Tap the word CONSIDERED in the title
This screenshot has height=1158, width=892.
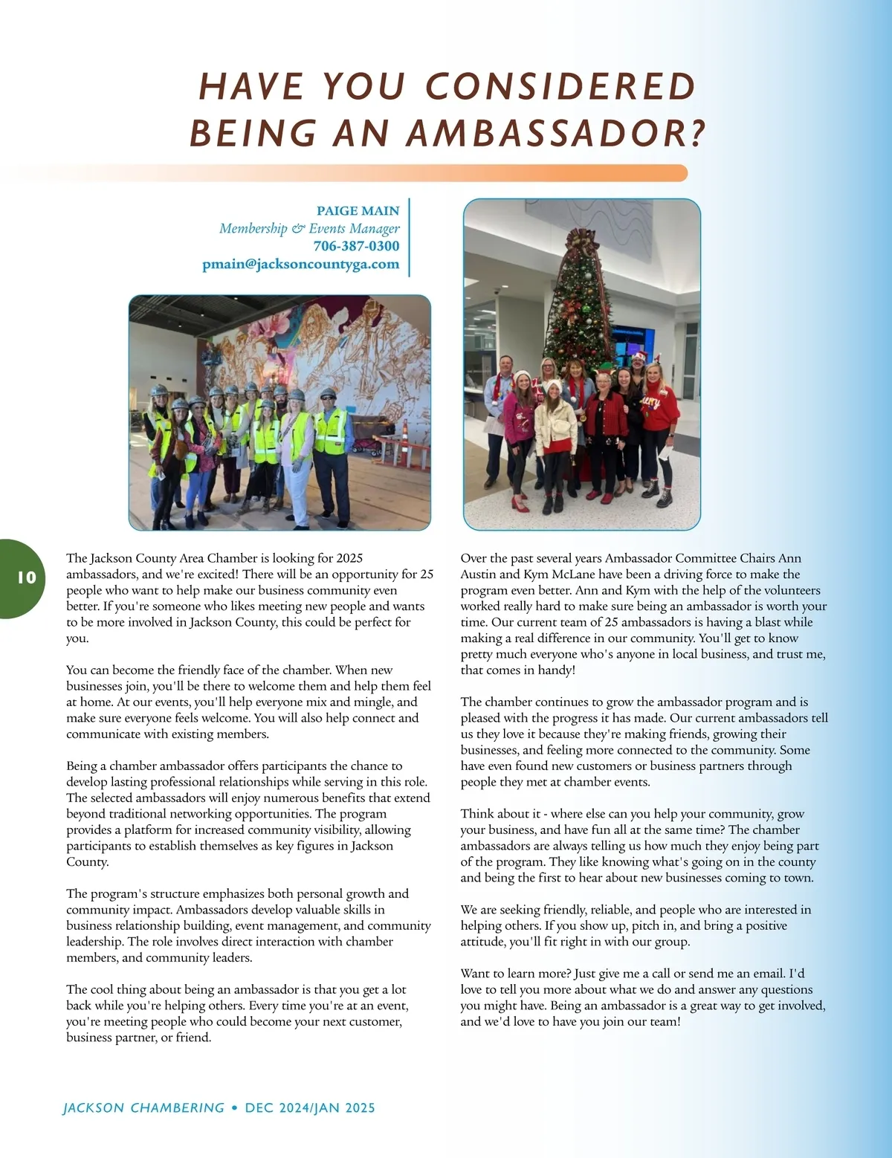point(560,86)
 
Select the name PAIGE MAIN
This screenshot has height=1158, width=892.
point(358,211)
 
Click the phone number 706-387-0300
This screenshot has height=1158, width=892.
point(356,246)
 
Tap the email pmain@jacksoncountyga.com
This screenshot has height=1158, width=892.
point(300,264)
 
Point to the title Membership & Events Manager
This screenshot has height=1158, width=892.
point(309,228)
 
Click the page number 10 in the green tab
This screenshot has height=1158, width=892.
point(26,578)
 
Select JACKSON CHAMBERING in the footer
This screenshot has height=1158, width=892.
point(143,1107)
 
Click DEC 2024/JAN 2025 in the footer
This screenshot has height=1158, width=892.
point(310,1107)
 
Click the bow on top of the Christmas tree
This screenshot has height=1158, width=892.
point(582,242)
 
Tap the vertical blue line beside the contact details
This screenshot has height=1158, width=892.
point(409,238)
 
